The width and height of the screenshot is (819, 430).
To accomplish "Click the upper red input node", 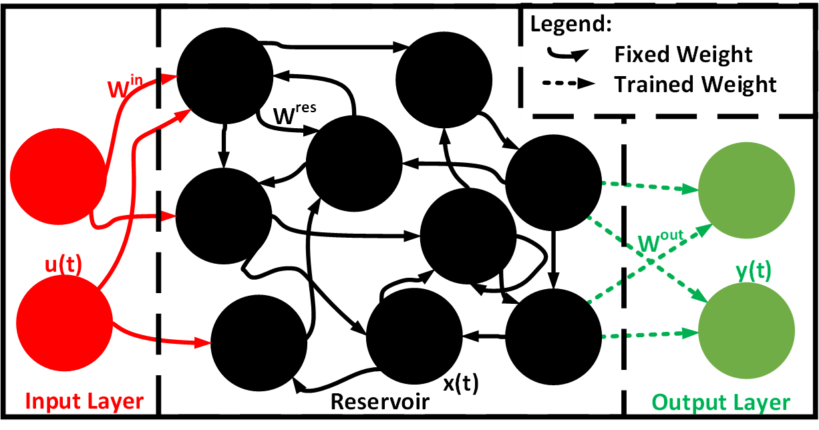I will point(57,176).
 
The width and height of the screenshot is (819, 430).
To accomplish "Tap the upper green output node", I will point(746,190).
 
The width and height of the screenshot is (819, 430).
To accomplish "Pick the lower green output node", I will point(746,330).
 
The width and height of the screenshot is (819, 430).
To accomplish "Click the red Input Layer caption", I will point(84,401).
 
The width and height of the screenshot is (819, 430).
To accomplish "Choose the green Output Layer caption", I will point(721,403).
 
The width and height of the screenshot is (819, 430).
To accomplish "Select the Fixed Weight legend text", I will point(683,54).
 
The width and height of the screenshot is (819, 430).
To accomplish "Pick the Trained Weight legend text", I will point(695,85).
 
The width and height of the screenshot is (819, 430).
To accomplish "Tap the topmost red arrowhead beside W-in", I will point(170,78).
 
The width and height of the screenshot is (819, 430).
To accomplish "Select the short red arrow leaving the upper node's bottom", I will point(134,218).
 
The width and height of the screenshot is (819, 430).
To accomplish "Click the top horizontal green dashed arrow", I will point(648,186).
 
